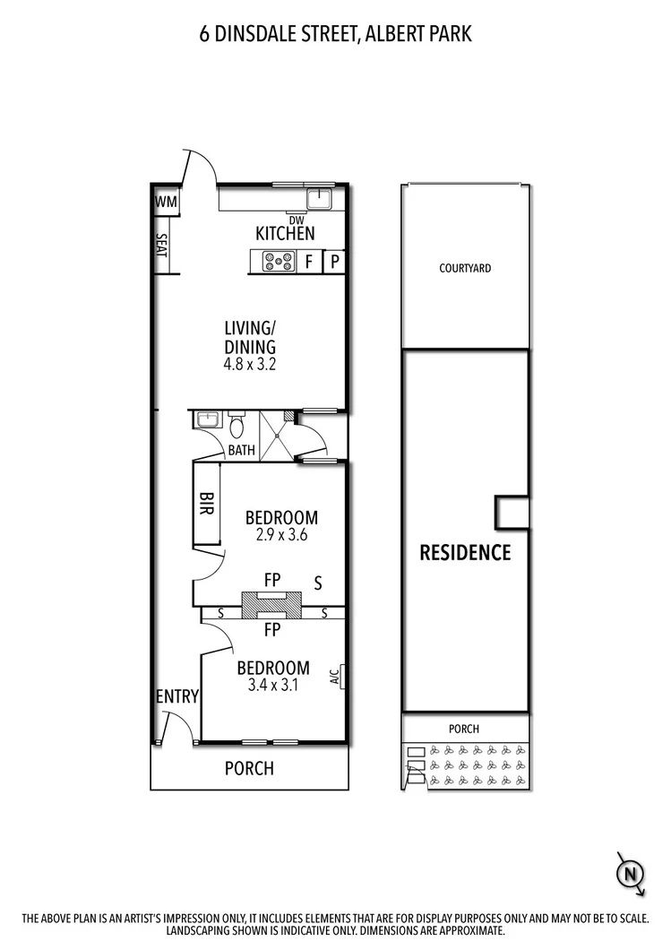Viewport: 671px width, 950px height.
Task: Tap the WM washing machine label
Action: pyautogui.click(x=166, y=203)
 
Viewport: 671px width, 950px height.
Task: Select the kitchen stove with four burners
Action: pyautogui.click(x=278, y=262)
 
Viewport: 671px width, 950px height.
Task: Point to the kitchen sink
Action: pyautogui.click(x=319, y=198)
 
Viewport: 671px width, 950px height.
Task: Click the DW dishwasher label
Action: pyautogui.click(x=296, y=220)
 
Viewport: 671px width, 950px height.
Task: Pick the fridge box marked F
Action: pyautogui.click(x=309, y=262)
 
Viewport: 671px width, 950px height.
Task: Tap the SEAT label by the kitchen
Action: pyautogui.click(x=162, y=246)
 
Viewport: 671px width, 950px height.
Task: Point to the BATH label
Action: pyautogui.click(x=240, y=450)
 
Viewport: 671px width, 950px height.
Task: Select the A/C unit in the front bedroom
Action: pyautogui.click(x=338, y=675)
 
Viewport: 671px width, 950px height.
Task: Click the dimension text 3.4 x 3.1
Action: pyautogui.click(x=272, y=686)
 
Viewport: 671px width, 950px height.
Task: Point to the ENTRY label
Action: pyautogui.click(x=176, y=696)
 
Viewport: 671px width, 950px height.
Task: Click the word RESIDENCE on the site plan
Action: pyautogui.click(x=465, y=552)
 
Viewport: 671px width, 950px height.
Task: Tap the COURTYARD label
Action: pyautogui.click(x=465, y=268)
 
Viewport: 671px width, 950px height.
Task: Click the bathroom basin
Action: pyautogui.click(x=204, y=419)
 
